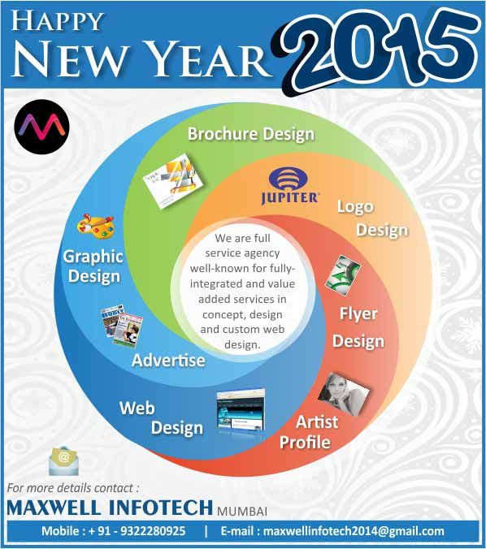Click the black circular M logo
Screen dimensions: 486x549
click(x=41, y=127)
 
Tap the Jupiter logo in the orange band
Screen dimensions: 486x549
click(x=289, y=185)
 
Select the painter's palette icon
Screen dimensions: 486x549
click(x=96, y=226)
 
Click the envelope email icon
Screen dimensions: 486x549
click(x=63, y=460)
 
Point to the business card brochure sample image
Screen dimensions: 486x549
click(x=173, y=180)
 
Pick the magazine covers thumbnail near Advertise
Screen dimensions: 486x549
click(x=122, y=326)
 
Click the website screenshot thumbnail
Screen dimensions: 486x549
click(x=241, y=409)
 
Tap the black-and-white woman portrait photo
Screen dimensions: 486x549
click(x=343, y=393)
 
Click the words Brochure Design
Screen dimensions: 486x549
click(x=251, y=134)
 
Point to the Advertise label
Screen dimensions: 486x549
click(x=168, y=360)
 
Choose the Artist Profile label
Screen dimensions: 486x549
click(x=309, y=432)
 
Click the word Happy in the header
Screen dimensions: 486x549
click(x=58, y=21)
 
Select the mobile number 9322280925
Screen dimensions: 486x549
click(x=153, y=531)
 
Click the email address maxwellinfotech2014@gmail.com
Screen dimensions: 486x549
click(x=354, y=531)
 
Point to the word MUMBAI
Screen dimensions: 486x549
click(x=242, y=511)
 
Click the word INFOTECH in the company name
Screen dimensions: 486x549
click(x=160, y=508)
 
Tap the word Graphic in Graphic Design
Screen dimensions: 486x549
click(x=93, y=257)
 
